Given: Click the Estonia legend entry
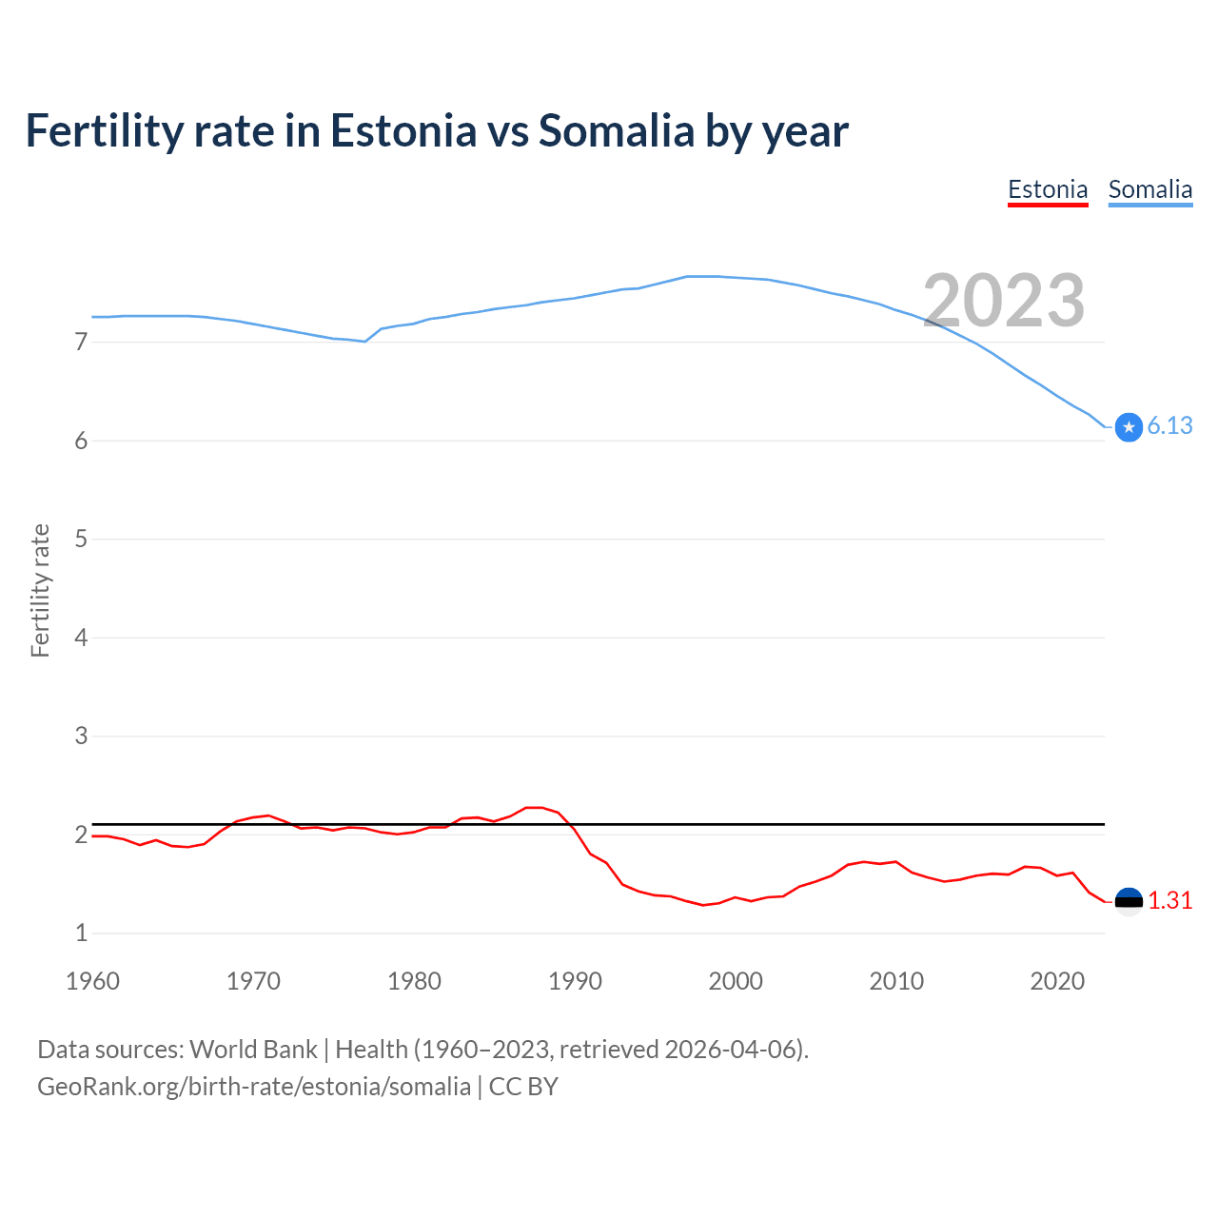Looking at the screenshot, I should click(x=1048, y=189).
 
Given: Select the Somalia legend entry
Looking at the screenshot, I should click(x=1149, y=189).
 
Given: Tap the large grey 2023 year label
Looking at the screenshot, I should click(x=1004, y=301).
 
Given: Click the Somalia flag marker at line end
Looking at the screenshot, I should click(x=1129, y=427).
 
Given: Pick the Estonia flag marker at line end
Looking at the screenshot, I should click(x=1129, y=901).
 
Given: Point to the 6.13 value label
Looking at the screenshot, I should click(x=1169, y=426).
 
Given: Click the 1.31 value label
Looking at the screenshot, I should click(x=1169, y=900).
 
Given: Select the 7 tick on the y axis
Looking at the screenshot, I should click(x=81, y=342).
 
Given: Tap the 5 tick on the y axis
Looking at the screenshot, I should click(x=81, y=539).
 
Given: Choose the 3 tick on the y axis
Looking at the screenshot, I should click(x=81, y=736).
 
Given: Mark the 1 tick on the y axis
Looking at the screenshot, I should click(x=81, y=933).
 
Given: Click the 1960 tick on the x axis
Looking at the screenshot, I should click(x=92, y=981).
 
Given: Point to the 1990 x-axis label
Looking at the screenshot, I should click(x=575, y=981).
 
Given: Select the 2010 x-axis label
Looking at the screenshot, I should click(x=896, y=981).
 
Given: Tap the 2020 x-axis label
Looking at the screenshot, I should click(x=1057, y=981).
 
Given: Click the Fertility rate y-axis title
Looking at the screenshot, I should click(x=40, y=590).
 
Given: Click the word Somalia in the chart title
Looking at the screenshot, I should click(x=616, y=131).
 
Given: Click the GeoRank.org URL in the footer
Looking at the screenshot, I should click(x=254, y=1087).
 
